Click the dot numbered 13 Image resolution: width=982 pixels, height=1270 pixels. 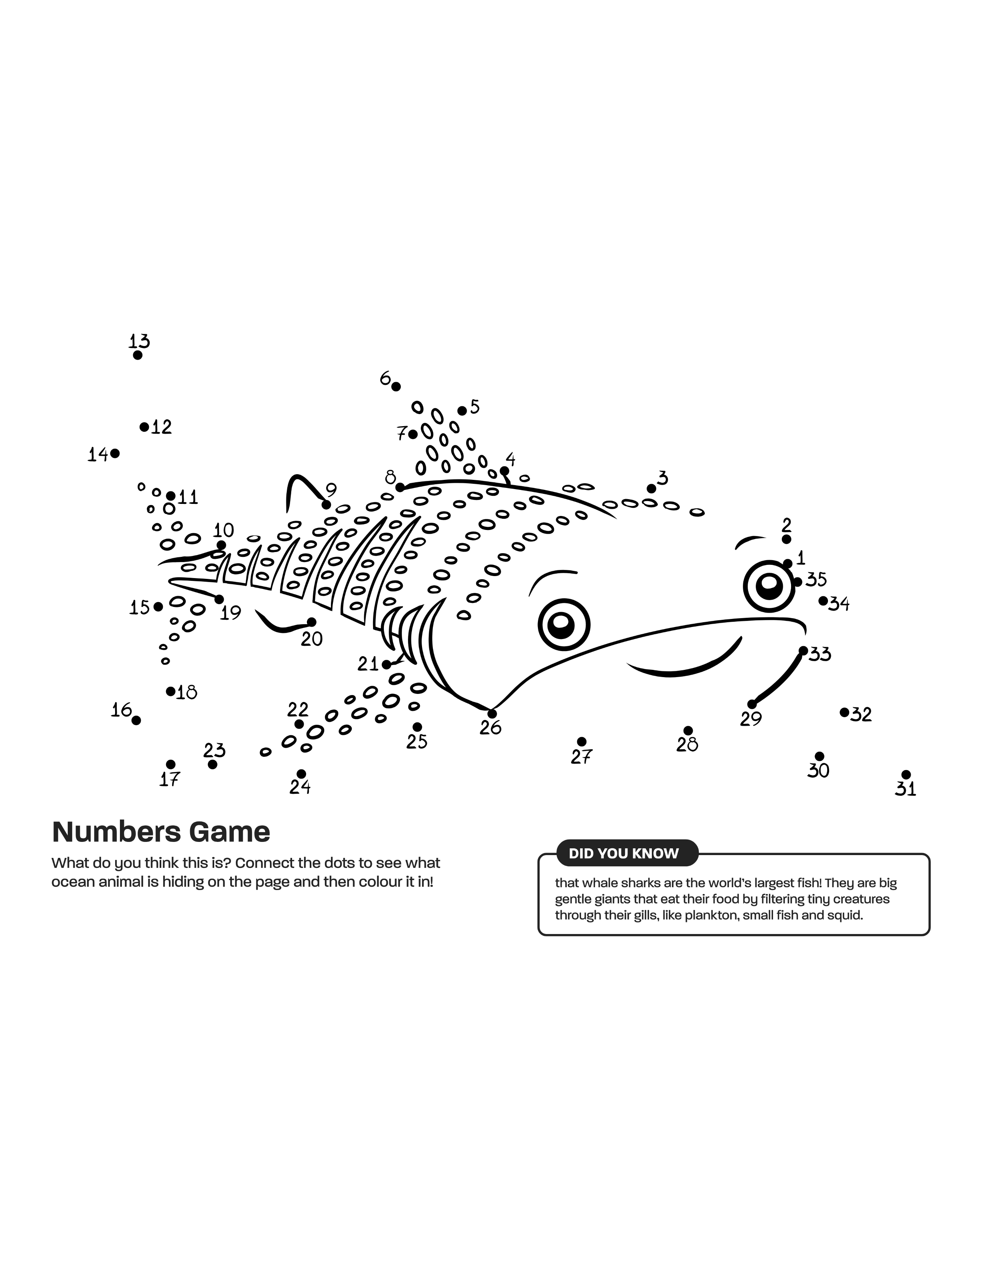coord(137,355)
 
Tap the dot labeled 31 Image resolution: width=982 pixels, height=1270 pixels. coord(906,775)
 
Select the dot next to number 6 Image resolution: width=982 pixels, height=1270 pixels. coord(396,387)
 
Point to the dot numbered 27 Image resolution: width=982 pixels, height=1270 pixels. coord(582,741)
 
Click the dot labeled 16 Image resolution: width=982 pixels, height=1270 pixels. coord(136,720)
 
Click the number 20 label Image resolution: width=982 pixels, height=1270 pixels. coord(312,639)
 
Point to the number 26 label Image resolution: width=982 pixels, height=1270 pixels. coord(491,728)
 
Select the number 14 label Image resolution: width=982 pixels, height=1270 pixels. coord(98,454)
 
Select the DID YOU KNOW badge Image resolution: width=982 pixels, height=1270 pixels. coord(624,853)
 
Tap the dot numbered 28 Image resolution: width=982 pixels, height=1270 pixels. coord(688,730)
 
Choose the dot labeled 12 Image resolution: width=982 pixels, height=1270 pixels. coord(144,427)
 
